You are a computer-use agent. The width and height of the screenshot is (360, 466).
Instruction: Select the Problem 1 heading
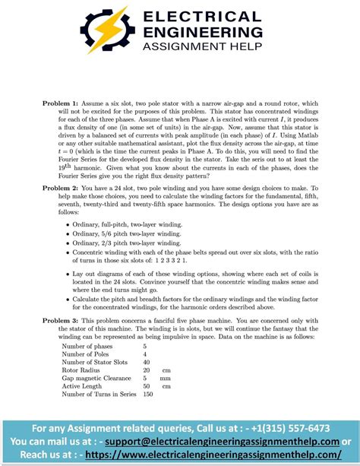tap(63, 101)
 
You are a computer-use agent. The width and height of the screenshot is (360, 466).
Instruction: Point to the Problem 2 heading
tap(63, 187)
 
